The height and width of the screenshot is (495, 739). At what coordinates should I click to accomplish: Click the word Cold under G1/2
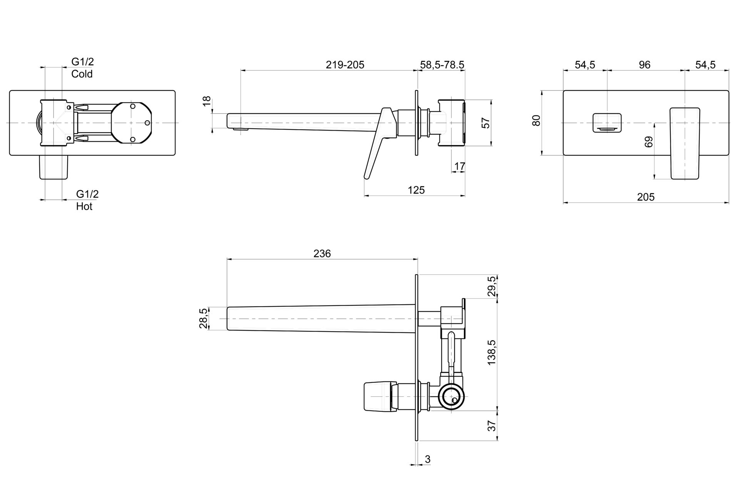click(82, 74)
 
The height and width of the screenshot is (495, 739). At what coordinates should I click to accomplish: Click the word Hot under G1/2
click(84, 206)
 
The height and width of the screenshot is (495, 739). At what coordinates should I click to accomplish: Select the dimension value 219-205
click(345, 65)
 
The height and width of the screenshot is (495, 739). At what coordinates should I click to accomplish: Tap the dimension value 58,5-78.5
click(442, 65)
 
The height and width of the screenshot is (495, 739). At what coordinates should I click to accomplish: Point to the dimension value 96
click(644, 65)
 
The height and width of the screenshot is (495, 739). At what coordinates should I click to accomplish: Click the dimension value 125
click(416, 190)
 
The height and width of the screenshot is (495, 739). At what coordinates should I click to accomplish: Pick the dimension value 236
click(322, 253)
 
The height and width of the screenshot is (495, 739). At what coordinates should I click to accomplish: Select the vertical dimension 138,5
click(492, 352)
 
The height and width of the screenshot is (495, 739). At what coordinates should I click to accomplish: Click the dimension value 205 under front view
click(645, 197)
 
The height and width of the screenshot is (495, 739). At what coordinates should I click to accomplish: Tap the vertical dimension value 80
click(536, 120)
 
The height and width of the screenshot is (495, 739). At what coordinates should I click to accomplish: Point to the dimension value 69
click(649, 142)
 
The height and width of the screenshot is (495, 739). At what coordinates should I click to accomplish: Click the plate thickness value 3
click(428, 459)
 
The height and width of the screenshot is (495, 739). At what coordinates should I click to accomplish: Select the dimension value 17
click(460, 166)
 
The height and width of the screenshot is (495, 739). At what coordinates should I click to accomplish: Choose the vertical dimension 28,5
click(203, 318)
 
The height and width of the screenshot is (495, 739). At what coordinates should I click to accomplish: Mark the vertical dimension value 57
click(486, 122)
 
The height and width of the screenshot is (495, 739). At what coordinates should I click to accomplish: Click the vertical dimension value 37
click(492, 426)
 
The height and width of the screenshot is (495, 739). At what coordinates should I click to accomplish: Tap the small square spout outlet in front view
click(607, 122)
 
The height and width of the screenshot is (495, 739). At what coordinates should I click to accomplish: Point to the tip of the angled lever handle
click(367, 177)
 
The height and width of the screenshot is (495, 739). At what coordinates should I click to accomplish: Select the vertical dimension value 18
click(207, 101)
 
